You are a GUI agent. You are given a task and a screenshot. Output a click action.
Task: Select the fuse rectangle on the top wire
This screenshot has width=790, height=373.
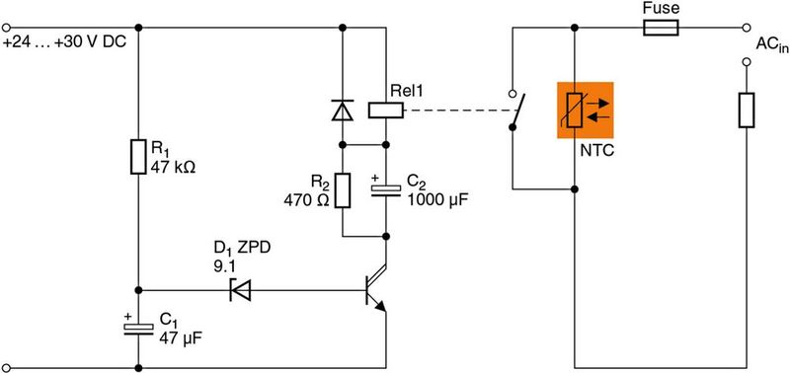pyautogui.click(x=660, y=30)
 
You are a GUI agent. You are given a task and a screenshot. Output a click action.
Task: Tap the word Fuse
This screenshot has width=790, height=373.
pyautogui.click(x=660, y=9)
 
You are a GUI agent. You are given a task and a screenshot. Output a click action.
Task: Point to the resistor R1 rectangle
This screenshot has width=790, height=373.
pyautogui.click(x=138, y=156)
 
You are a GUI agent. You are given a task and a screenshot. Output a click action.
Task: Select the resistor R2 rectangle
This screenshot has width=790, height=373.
pyautogui.click(x=343, y=190)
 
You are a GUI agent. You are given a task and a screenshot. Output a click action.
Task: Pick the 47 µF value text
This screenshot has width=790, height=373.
pyautogui.click(x=179, y=337)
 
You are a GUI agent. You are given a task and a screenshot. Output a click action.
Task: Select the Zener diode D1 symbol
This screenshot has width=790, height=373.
pyautogui.click(x=239, y=290)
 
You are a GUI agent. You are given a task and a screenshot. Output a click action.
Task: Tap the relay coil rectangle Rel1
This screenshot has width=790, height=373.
pyautogui.click(x=385, y=111)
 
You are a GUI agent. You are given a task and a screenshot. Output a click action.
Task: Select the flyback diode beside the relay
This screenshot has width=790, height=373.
pyautogui.click(x=343, y=111)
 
